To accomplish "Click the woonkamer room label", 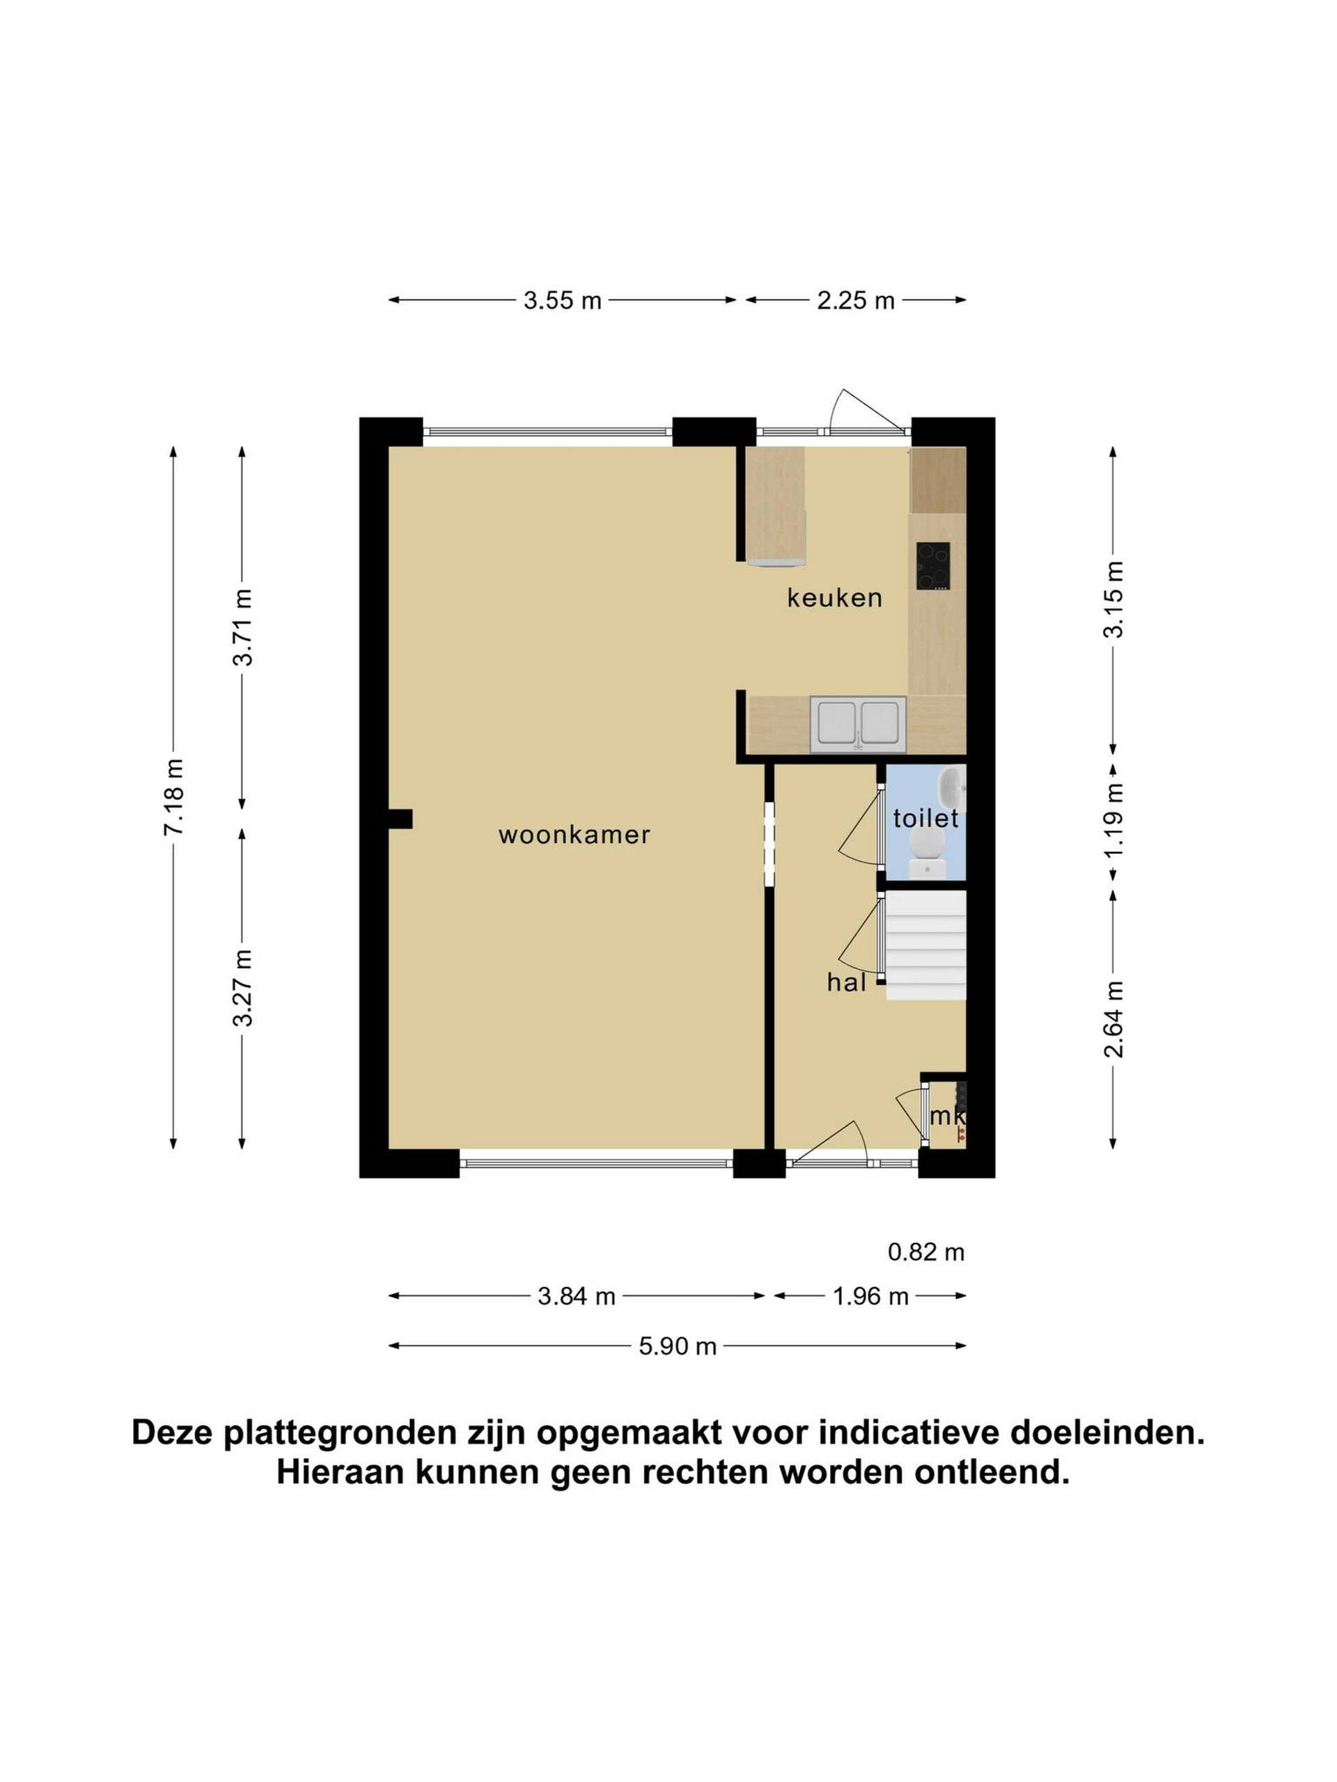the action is tap(574, 835).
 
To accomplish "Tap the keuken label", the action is tap(834, 598).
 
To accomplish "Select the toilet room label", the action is tap(925, 819).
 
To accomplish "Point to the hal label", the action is tap(846, 982).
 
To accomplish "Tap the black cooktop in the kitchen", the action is tap(932, 567).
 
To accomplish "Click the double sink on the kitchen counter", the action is tap(859, 724).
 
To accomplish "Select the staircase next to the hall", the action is tap(925, 945).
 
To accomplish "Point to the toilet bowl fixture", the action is tap(928, 852).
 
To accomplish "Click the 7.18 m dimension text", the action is tap(174, 797).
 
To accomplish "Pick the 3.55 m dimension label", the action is tap(563, 301).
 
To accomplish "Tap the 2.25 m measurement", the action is tap(856, 301).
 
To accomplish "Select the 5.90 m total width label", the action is tap(678, 1346).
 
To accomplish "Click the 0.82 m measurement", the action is tap(926, 1252).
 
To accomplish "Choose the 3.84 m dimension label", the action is tap(576, 1296).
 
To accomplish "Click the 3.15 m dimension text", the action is tap(1113, 599).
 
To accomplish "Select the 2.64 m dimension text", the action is tap(1113, 1019).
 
